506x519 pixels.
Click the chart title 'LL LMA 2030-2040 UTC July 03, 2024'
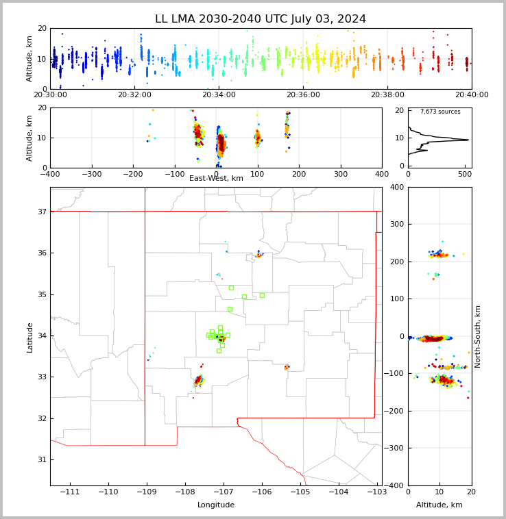(x=261, y=18)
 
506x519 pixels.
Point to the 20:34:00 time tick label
(x=219, y=94)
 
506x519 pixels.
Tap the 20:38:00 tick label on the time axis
(x=387, y=94)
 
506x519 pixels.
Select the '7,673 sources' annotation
(x=440, y=112)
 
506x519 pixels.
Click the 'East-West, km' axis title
(x=216, y=178)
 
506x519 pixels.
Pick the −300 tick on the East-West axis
(x=92, y=174)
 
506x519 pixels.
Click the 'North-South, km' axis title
(x=477, y=336)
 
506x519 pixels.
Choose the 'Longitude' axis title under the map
(x=216, y=505)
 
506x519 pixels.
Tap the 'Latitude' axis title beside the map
(x=29, y=338)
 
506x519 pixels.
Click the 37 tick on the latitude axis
(x=42, y=212)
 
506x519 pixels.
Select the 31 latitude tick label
(x=42, y=459)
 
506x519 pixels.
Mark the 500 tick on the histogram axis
(x=465, y=174)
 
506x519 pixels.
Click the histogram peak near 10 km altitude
(x=468, y=140)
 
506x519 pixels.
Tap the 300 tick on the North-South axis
(x=397, y=224)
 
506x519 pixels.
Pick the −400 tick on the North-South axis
(x=394, y=485)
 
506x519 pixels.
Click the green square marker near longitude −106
(x=262, y=295)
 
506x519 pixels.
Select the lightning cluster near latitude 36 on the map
(x=259, y=255)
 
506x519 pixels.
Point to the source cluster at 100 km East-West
(x=258, y=138)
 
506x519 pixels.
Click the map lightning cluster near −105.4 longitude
(x=287, y=367)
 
